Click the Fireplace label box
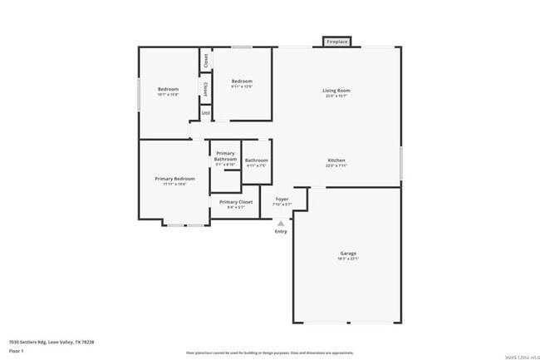337,41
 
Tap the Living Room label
336,90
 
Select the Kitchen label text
336,160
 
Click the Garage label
348,253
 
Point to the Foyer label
282,200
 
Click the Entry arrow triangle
281,223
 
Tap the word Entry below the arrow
281,231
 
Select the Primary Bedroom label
174,179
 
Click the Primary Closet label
236,201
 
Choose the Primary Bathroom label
225,155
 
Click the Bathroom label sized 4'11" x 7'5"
256,160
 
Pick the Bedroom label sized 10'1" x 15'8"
168,89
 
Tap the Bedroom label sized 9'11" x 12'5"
242,81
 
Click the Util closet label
204,111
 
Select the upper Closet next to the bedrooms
205,61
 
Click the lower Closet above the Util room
205,88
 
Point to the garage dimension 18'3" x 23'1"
348,259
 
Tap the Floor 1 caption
17,351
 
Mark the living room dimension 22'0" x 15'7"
336,96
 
